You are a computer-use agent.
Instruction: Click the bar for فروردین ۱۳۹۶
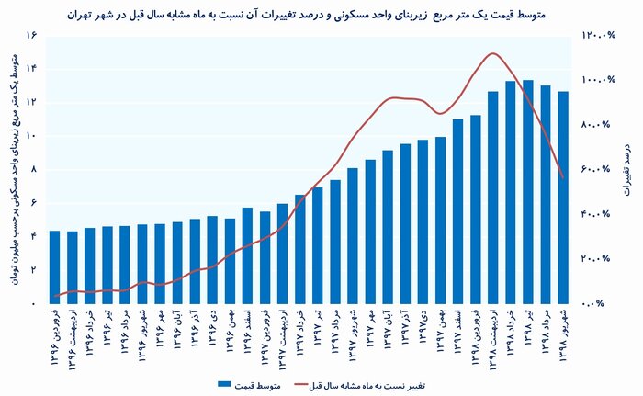coord(54,266)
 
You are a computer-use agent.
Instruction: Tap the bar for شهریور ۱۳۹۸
coord(562,197)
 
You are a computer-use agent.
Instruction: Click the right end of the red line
coord(562,177)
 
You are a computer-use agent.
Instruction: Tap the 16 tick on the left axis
coord(30,35)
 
